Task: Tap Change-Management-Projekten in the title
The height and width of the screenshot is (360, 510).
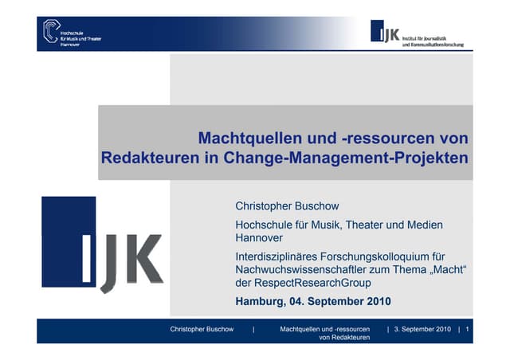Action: point(359,156)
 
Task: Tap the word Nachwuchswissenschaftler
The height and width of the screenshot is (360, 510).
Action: point(307,272)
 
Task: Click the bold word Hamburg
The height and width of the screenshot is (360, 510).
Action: point(261,301)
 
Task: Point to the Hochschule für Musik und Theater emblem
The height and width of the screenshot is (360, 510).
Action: point(51,31)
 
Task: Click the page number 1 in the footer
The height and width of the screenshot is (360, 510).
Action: point(468,329)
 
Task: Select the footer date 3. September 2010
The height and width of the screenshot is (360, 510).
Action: point(423,329)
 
